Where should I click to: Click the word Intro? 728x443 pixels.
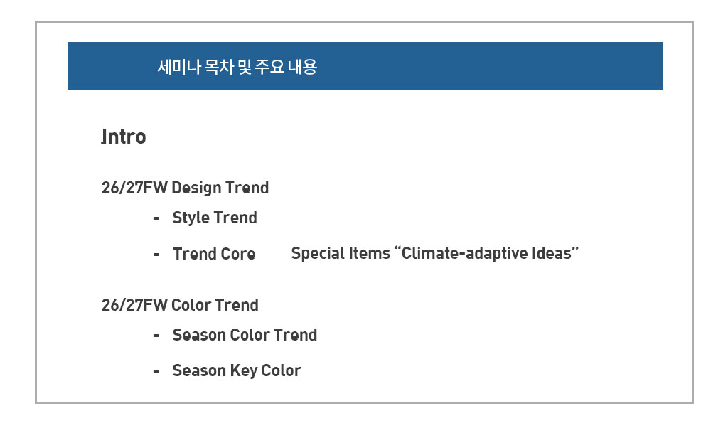124,137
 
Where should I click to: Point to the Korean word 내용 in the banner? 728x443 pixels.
302,67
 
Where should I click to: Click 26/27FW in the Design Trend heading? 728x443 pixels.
134,188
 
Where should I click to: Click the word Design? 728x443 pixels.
196,188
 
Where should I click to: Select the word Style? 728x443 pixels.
191,218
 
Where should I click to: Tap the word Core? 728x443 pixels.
237,254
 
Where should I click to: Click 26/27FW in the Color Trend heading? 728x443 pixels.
134,305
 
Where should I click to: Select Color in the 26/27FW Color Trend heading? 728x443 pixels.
191,305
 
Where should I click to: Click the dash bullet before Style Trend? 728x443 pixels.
156,218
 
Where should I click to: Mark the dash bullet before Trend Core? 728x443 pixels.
156,254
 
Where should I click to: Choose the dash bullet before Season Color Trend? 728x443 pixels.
156,335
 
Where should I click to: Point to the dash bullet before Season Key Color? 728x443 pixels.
156,371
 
